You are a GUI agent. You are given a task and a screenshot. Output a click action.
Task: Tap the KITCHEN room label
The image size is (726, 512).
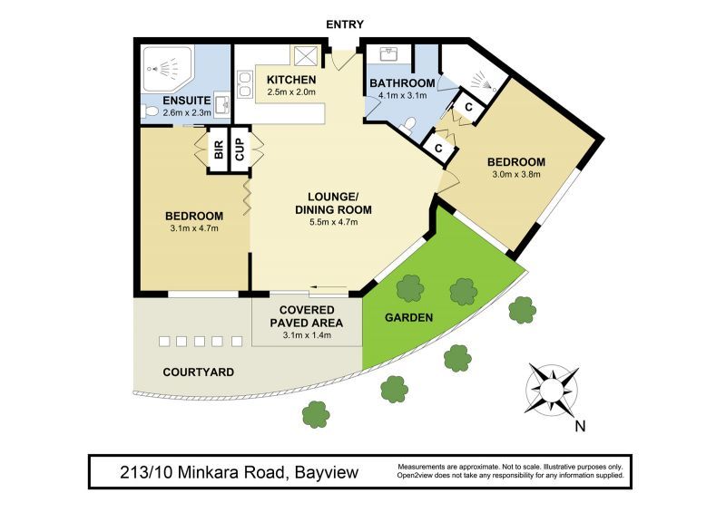click(290, 80)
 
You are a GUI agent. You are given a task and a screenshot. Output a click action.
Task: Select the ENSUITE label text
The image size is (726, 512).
click(187, 101)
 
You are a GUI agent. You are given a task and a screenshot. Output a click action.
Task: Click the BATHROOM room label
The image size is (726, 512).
click(402, 84)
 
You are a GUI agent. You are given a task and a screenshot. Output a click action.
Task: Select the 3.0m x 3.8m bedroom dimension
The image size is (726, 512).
click(515, 175)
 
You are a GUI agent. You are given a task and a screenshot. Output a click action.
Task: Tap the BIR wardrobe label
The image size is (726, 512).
click(219, 150)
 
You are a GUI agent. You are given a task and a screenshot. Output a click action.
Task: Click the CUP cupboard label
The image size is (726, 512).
click(240, 150)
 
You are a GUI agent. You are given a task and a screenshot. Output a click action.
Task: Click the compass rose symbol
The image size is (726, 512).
click(551, 388)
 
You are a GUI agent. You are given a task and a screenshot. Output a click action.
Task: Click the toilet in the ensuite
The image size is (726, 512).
click(151, 111)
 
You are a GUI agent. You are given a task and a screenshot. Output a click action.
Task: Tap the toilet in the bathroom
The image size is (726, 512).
click(409, 124)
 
